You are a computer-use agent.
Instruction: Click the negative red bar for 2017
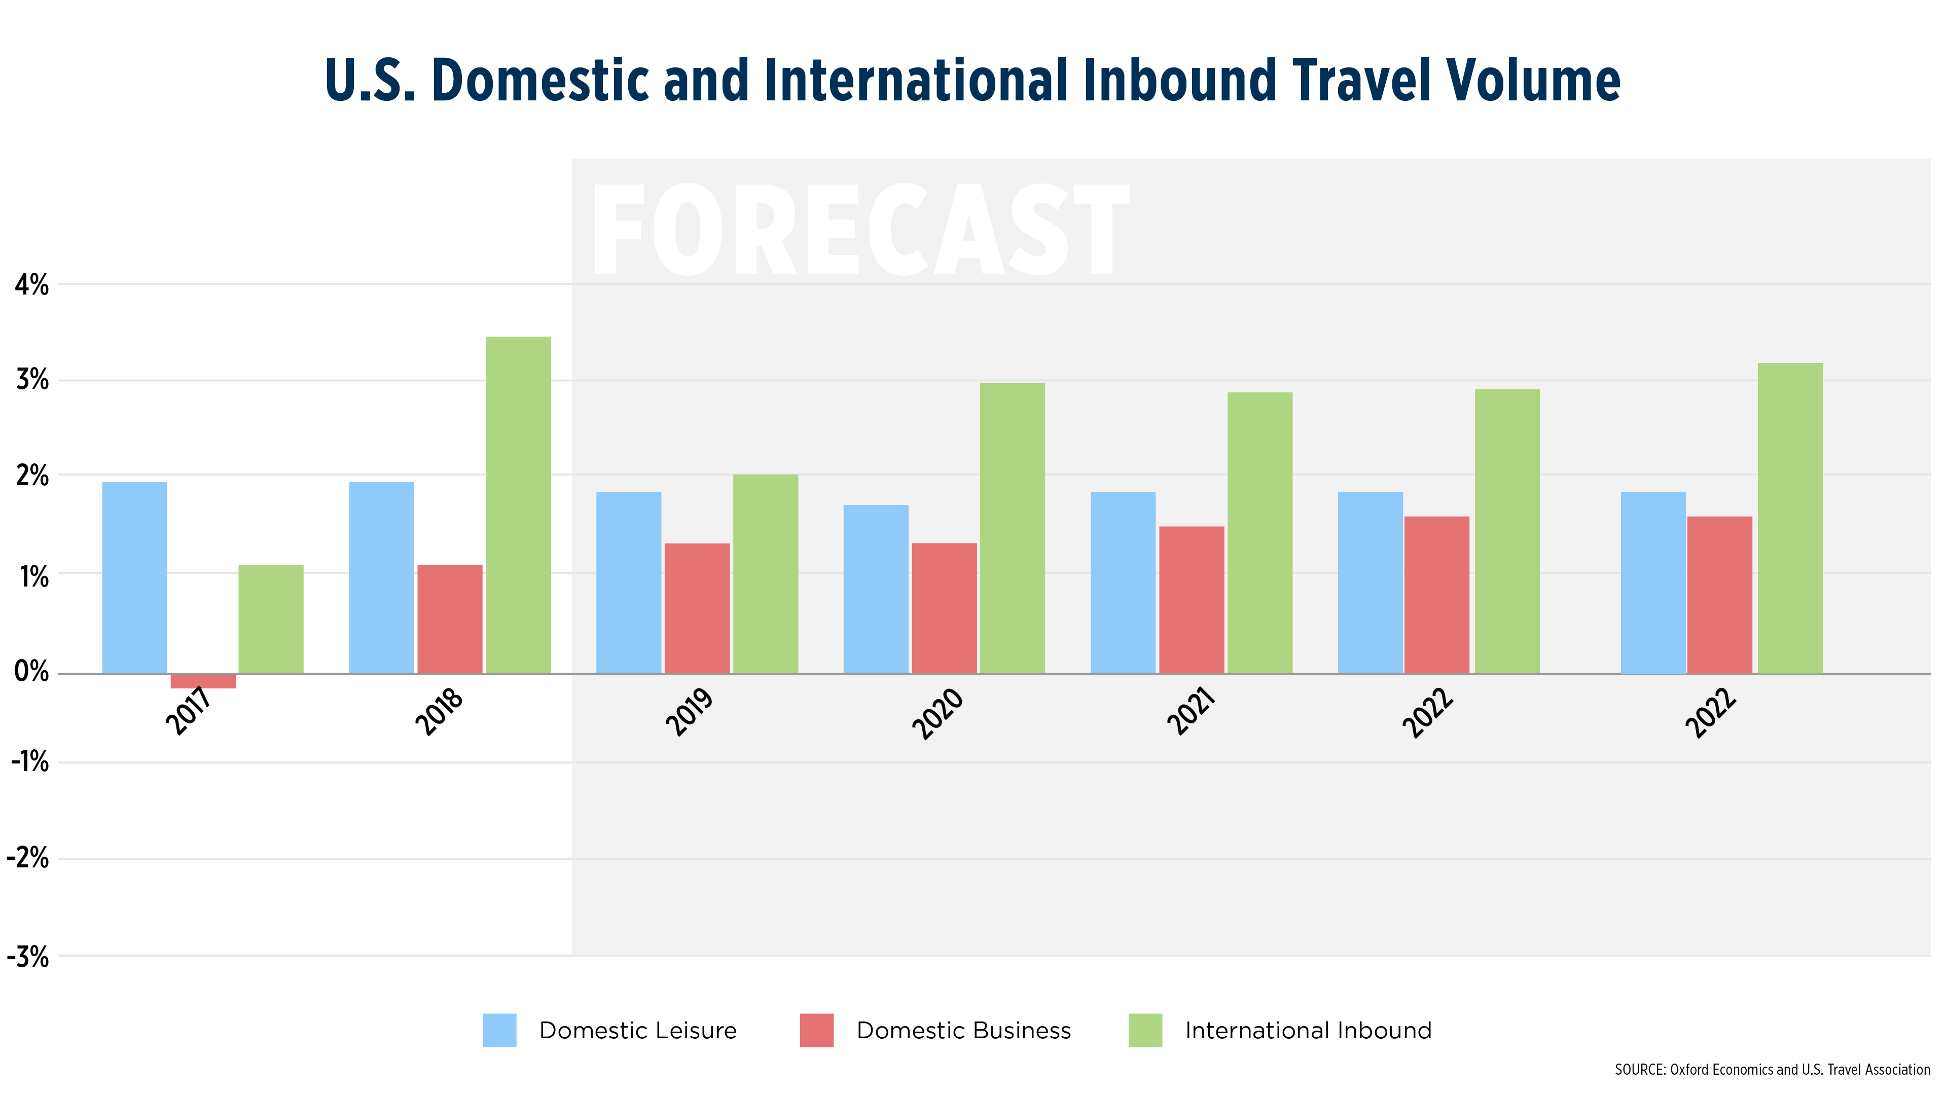(x=203, y=680)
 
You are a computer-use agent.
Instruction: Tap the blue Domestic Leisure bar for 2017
(x=134, y=577)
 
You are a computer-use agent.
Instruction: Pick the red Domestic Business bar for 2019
(x=697, y=608)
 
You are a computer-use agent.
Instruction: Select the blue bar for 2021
(x=1123, y=582)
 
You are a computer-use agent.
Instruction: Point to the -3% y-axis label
(x=28, y=958)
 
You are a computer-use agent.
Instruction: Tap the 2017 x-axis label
(x=189, y=711)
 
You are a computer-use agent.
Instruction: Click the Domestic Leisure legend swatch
(x=499, y=1030)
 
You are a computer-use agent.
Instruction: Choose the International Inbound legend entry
(x=1308, y=1030)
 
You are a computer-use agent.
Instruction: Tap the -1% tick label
(x=30, y=762)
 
